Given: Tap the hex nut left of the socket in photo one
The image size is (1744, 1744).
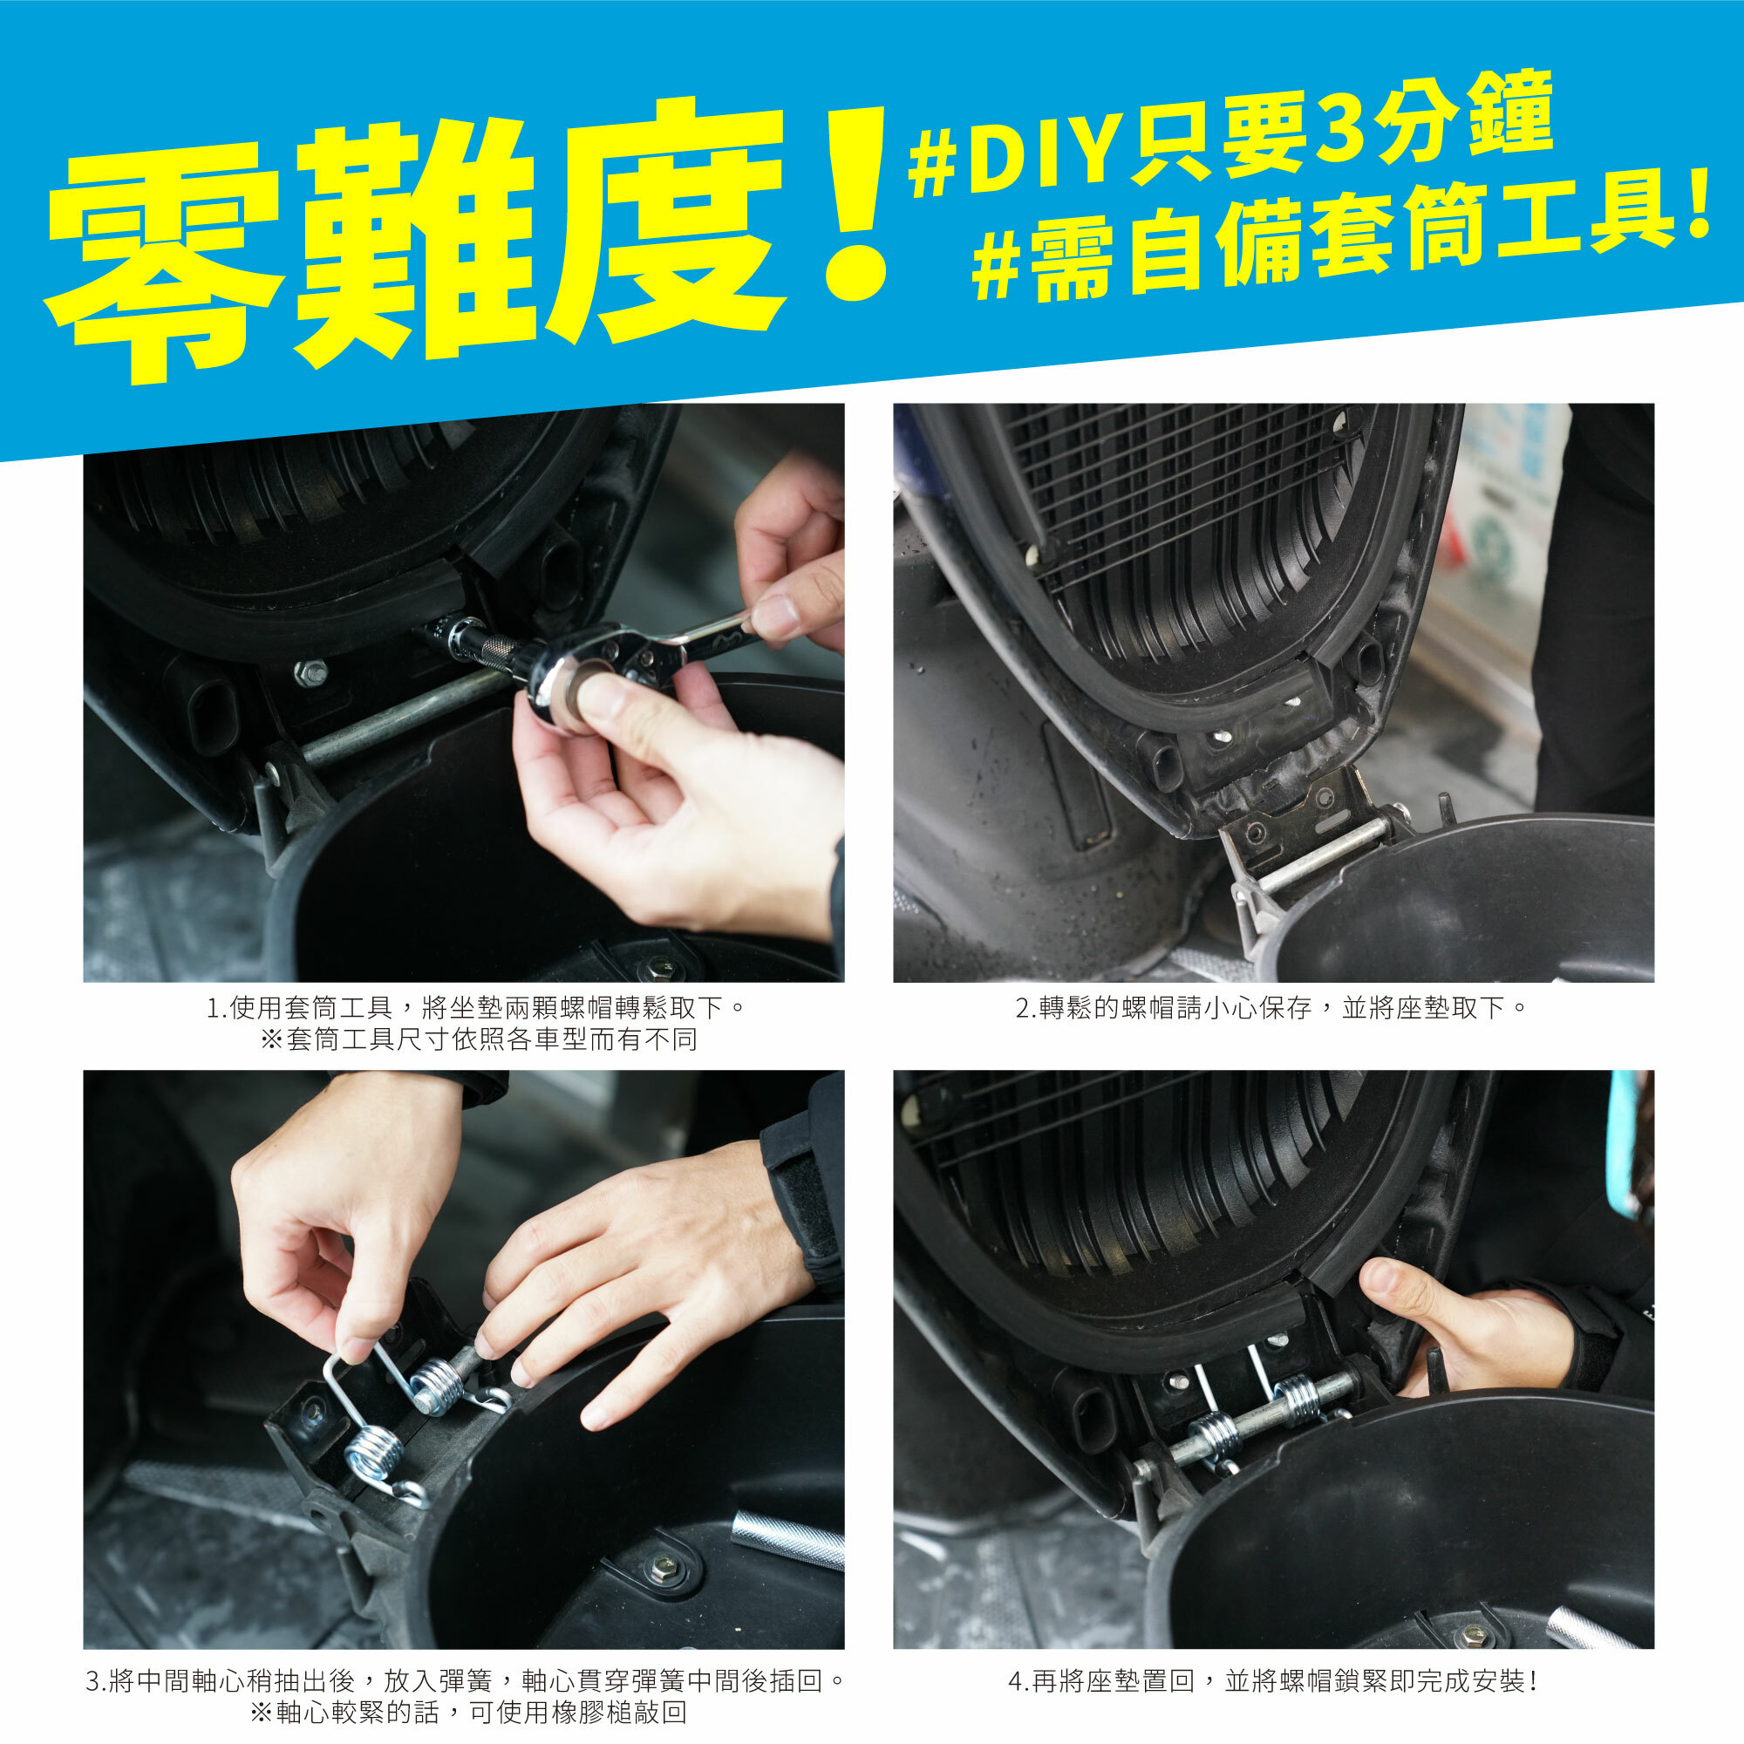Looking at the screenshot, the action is pos(310,671).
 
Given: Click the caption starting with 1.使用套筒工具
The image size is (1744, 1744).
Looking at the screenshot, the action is pos(477,1006).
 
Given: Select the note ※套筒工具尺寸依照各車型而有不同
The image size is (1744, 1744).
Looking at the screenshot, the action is pos(479,1040).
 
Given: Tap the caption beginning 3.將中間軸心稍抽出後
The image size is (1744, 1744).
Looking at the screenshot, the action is pos(466,1681).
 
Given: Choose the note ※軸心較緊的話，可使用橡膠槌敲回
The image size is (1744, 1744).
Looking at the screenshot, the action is pos(468,1713).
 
